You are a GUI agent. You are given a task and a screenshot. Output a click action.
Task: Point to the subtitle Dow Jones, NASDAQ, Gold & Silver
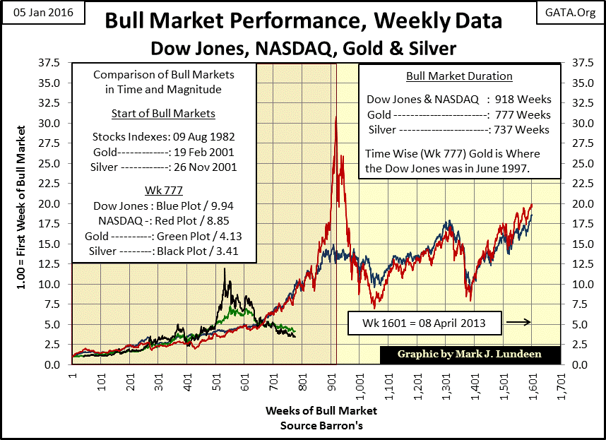[303, 48]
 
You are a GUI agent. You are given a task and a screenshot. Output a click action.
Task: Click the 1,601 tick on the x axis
[530, 384]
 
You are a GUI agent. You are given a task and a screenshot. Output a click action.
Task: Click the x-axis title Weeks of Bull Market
[321, 410]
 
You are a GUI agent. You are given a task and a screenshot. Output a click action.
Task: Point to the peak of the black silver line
[225, 268]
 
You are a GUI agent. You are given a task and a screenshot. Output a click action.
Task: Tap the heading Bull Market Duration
[459, 76]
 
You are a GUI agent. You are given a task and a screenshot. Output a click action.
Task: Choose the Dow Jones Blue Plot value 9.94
[204, 205]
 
